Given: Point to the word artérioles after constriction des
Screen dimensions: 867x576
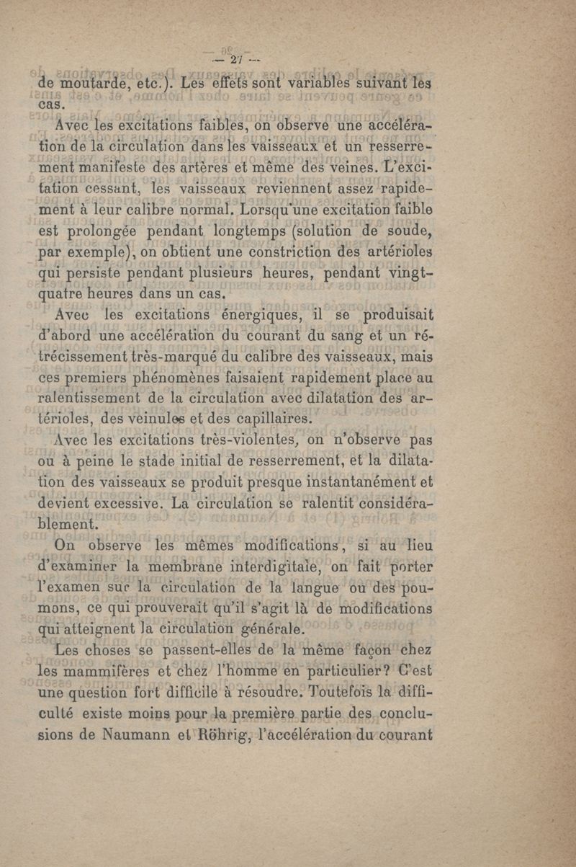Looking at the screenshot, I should click(408, 253).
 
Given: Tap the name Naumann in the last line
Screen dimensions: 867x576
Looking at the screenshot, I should click(132, 737).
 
